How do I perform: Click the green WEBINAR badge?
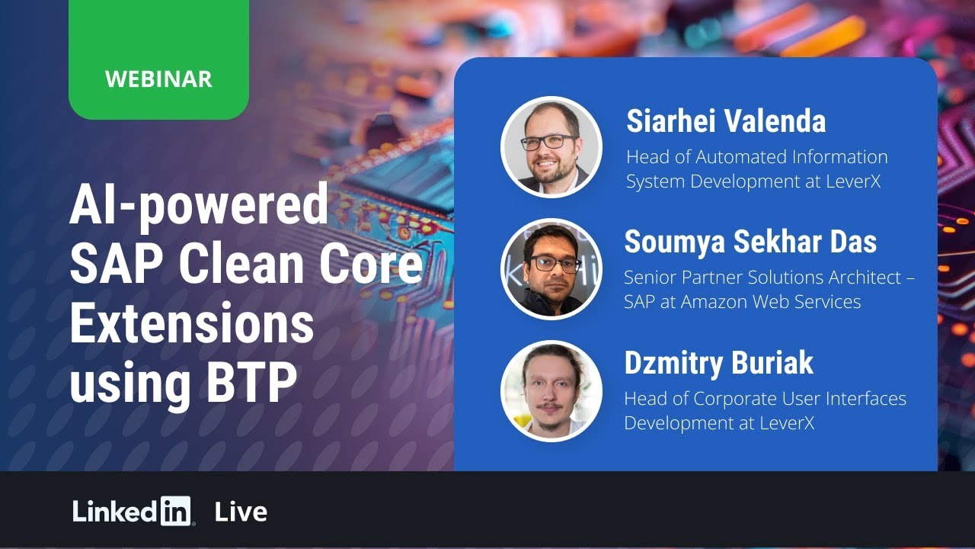[158, 78]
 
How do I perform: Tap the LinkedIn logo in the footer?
[133, 512]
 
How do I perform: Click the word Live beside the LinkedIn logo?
[241, 512]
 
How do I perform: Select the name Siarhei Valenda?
[725, 121]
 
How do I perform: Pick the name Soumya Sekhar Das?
[750, 242]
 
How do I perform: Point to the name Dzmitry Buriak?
[718, 363]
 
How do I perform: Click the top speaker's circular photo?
[551, 147]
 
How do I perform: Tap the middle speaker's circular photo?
[551, 269]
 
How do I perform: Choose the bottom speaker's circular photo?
[551, 390]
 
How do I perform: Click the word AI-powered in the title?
[199, 206]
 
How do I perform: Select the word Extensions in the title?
[191, 323]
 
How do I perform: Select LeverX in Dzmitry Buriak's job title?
[784, 423]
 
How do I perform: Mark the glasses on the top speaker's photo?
[548, 142]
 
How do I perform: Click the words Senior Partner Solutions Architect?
[762, 278]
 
